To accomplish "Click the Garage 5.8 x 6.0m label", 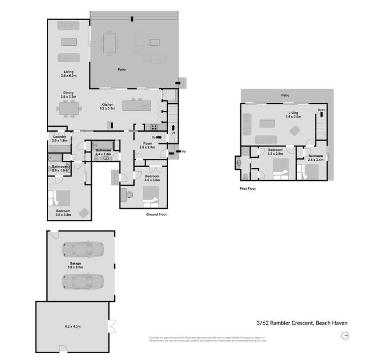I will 75,265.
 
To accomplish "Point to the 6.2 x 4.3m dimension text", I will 75,326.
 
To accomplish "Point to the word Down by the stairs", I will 321,110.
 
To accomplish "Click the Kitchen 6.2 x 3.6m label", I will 108,106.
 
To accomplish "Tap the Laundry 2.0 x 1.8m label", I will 59,138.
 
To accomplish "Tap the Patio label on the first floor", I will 285,95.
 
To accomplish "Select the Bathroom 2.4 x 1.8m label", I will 103,152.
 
